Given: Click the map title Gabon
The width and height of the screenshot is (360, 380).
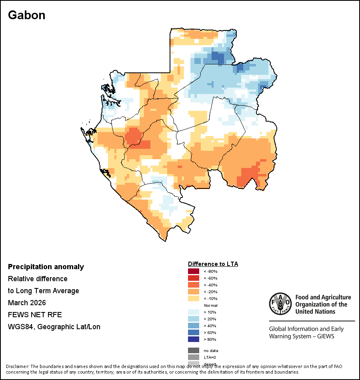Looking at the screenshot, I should tap(26, 15).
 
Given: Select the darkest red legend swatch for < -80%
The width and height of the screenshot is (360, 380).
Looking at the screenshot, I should tap(194, 272).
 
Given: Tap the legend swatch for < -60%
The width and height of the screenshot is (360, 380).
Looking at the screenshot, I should tap(194, 278).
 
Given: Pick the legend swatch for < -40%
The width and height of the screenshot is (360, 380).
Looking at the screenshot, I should tap(194, 285).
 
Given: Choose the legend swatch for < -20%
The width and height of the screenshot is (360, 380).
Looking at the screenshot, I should tap(194, 292).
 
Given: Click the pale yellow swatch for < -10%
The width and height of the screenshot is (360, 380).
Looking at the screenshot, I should tap(194, 299).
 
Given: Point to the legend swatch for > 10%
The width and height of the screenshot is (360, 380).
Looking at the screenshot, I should tap(194, 312).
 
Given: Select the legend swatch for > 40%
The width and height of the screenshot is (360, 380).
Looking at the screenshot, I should tap(194, 326).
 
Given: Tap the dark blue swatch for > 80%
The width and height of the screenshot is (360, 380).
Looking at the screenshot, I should tap(194, 340).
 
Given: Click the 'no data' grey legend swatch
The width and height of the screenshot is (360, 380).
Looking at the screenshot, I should tap(194, 350).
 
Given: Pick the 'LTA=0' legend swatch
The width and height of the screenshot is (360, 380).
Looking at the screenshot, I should tap(194, 357).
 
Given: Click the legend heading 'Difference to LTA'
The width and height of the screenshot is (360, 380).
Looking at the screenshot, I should tap(213, 264).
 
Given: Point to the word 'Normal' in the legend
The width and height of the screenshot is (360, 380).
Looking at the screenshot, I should tap(210, 306).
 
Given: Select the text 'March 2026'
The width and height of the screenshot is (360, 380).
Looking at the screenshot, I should tap(27, 303).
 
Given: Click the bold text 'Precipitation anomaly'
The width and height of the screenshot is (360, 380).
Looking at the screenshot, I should tap(46, 267).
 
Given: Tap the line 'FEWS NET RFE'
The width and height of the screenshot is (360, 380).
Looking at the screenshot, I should tap(35, 315).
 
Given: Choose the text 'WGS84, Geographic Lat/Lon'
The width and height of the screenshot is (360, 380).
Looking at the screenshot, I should tap(54, 327).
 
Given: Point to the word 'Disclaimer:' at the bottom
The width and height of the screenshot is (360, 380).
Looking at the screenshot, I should tap(18, 366).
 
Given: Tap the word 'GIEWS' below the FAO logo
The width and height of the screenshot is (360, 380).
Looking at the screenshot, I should tap(325, 336).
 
